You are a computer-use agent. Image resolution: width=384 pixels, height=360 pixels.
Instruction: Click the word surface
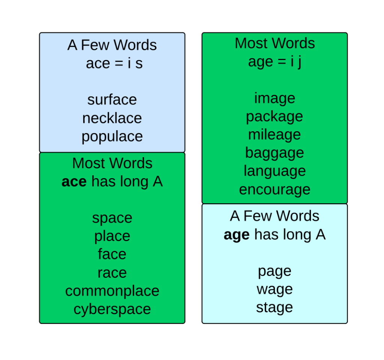click(x=112, y=100)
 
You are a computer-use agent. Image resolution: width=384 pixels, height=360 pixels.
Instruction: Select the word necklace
click(x=112, y=118)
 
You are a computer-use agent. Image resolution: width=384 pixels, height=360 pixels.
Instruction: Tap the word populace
click(x=112, y=136)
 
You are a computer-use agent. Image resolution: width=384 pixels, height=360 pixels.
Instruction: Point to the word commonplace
click(x=112, y=291)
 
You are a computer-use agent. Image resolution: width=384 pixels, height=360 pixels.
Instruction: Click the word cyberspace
click(x=112, y=309)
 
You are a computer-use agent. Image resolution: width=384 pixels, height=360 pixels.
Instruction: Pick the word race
click(x=112, y=273)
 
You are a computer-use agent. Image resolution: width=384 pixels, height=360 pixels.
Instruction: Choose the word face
click(x=112, y=254)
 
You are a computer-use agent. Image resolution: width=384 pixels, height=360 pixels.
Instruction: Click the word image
click(x=274, y=98)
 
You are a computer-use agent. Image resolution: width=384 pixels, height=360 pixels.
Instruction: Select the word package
click(x=274, y=117)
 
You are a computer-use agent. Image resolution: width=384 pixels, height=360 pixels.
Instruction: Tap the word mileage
click(x=274, y=135)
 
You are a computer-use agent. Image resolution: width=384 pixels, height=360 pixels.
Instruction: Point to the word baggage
click(x=274, y=153)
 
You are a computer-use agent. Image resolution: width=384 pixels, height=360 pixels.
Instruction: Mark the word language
click(x=274, y=171)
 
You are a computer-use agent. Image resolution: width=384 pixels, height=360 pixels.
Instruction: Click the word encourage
click(x=274, y=189)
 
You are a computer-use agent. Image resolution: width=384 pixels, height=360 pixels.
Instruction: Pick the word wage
click(x=274, y=289)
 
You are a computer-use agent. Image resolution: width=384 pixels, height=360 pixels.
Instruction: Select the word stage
click(x=274, y=307)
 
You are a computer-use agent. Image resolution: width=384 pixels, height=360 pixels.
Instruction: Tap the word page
click(x=274, y=271)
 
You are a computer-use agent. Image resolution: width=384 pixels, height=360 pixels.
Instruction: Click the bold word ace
click(x=74, y=182)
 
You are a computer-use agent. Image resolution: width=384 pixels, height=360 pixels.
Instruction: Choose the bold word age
click(x=236, y=235)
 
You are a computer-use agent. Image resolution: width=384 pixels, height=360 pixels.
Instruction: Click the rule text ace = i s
click(x=114, y=63)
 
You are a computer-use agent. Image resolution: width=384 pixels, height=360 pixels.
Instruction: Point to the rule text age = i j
click(x=274, y=61)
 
